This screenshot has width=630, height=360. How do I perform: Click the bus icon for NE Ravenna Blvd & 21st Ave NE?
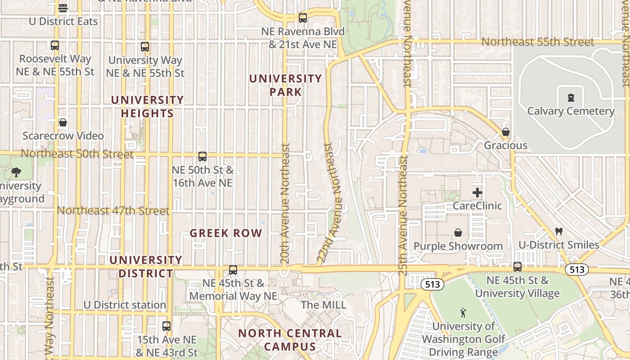tap(303, 18)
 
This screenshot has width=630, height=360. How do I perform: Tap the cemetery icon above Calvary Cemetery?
tap(571, 97)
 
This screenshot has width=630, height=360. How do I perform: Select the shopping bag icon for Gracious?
tap(506, 132)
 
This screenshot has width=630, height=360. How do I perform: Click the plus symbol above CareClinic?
tap(477, 193)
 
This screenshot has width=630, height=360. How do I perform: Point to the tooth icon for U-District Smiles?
tap(559, 232)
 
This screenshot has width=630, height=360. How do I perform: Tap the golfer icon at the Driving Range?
tap(463, 312)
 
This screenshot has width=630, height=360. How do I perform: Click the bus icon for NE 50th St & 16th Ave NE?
tap(202, 157)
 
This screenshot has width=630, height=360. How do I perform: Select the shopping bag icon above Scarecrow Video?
tap(63, 122)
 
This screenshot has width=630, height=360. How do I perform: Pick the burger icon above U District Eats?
tap(63, 8)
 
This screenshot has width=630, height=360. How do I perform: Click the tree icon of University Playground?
tap(16, 172)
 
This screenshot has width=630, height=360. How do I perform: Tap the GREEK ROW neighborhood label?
tap(226, 233)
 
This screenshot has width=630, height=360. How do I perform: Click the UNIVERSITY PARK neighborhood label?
tap(285, 85)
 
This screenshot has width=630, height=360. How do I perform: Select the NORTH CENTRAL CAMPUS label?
tap(290, 340)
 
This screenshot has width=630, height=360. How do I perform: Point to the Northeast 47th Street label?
tap(113, 211)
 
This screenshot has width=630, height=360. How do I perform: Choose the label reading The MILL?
tap(324, 305)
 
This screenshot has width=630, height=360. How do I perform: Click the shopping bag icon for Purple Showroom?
tap(458, 233)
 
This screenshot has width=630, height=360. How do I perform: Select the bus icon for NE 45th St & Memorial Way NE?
tap(233, 270)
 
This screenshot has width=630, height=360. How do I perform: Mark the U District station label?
tap(125, 305)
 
